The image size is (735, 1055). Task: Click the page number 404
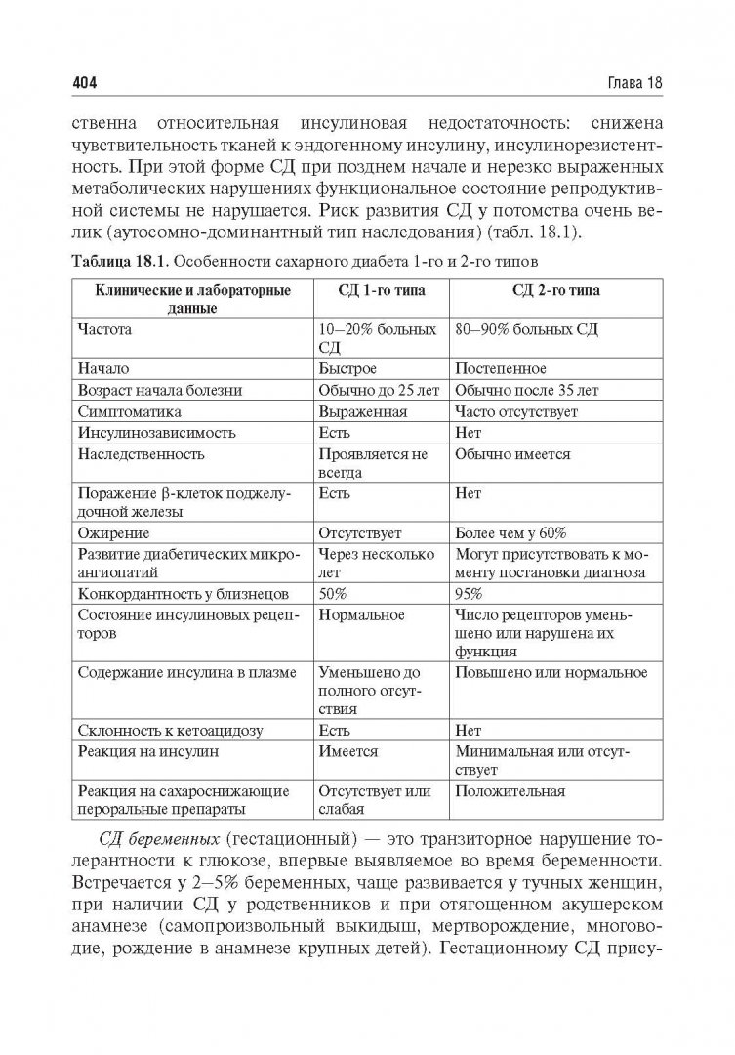(87, 84)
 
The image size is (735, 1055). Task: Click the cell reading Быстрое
(348, 369)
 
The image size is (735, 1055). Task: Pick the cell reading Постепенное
(501, 369)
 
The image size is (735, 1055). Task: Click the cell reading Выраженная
(362, 411)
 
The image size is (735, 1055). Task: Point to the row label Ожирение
(112, 533)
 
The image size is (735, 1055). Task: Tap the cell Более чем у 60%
(510, 533)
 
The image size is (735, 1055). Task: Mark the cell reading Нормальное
(362, 614)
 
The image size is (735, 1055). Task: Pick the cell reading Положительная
(510, 790)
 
